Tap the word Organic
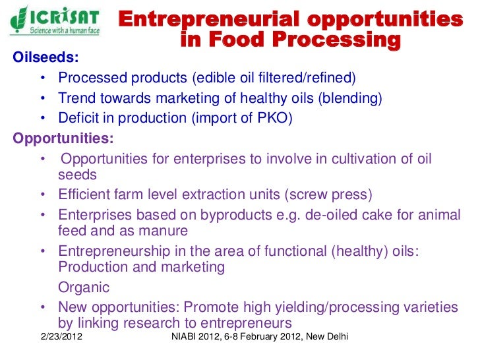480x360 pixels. click(x=84, y=287)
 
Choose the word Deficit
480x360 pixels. click(x=79, y=119)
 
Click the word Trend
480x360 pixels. click(x=76, y=98)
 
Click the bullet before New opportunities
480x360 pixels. click(x=43, y=307)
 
